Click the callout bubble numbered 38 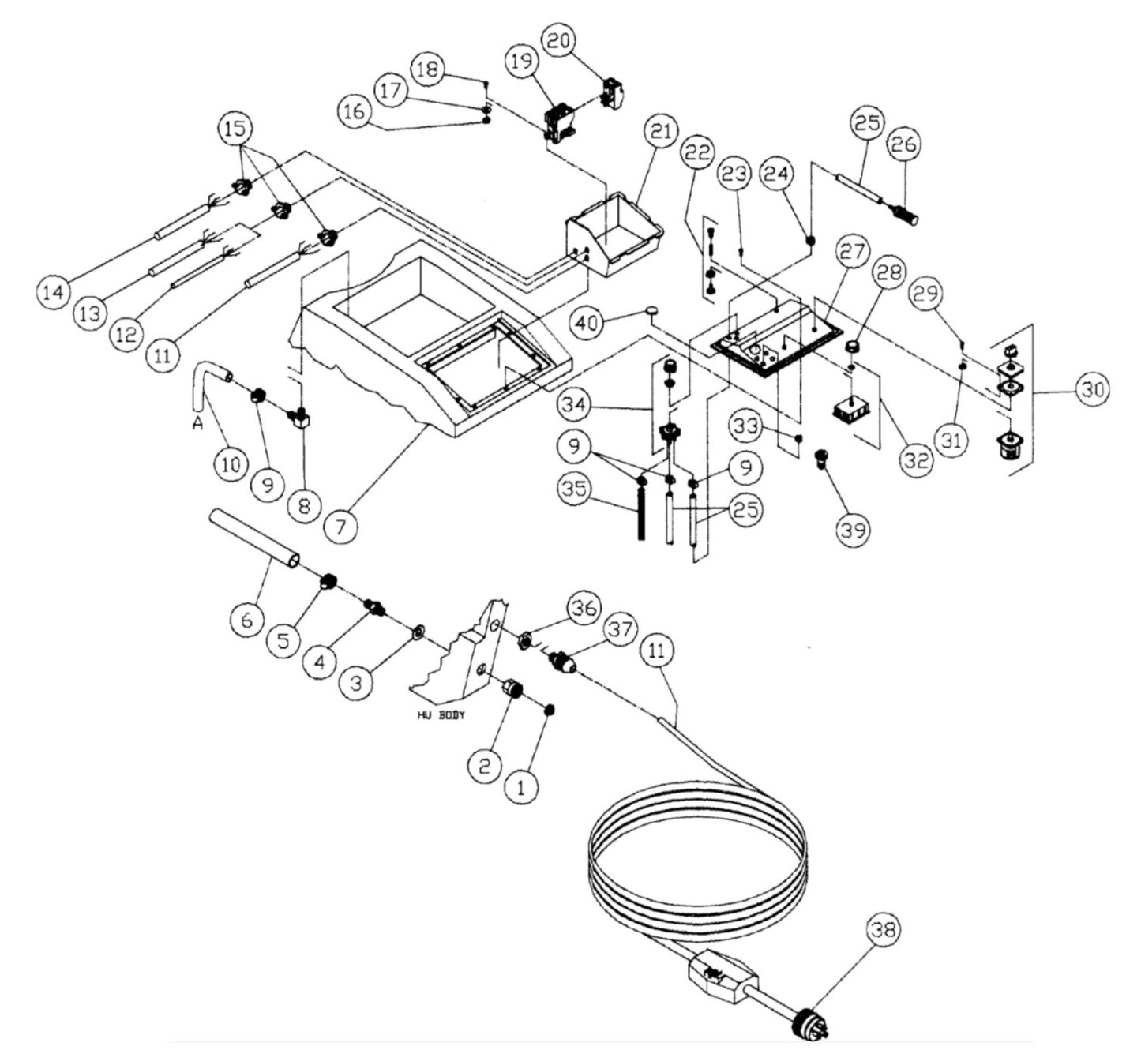(886, 932)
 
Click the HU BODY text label (442, 715)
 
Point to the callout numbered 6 (247, 620)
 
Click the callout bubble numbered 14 (54, 292)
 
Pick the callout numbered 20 (558, 42)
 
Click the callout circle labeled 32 (916, 459)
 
